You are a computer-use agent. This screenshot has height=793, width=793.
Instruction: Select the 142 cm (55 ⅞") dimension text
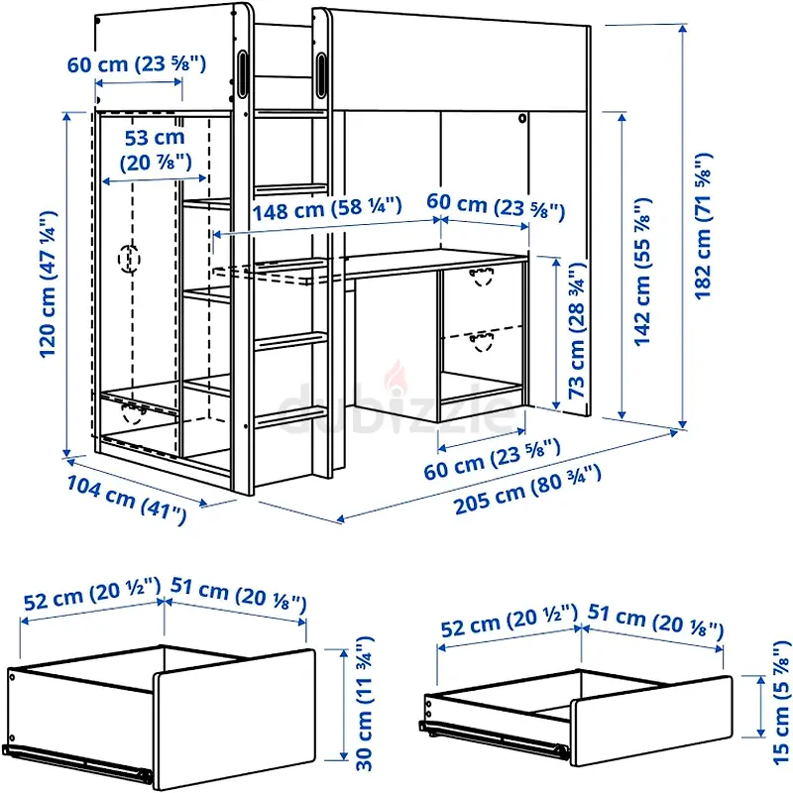tap(642, 272)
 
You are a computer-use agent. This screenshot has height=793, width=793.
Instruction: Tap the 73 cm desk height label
tap(577, 330)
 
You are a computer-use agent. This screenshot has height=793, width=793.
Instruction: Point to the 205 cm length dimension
tap(527, 490)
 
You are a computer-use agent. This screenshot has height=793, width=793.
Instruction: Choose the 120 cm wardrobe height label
tap(49, 284)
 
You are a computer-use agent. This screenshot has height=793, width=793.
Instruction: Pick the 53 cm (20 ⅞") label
tap(156, 150)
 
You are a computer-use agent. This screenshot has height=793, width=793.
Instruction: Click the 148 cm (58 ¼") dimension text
tap(327, 209)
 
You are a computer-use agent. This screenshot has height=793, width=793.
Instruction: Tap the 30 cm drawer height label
tap(365, 703)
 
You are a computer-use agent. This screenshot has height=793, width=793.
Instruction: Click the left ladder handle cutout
tap(242, 73)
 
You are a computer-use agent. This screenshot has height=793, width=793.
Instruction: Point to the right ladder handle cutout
tap(321, 75)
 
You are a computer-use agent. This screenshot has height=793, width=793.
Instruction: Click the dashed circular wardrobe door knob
tap(129, 259)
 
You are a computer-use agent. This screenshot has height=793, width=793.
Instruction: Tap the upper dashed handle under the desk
tap(481, 277)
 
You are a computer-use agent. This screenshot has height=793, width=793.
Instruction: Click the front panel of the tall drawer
tap(234, 718)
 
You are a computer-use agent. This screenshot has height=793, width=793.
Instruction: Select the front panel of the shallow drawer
tap(651, 721)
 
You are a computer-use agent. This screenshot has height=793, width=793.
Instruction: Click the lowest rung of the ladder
tap(290, 418)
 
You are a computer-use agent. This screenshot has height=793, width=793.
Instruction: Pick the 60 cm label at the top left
tap(137, 64)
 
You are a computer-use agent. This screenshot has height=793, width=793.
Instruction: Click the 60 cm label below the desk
tap(492, 459)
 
